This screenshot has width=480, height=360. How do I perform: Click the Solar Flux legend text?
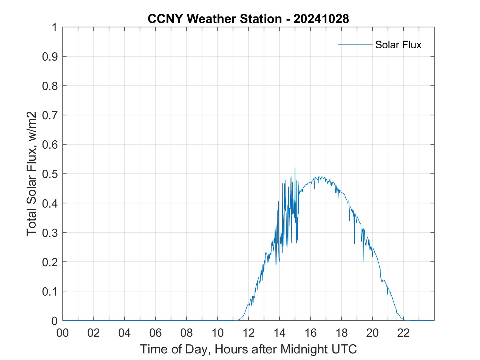(398, 45)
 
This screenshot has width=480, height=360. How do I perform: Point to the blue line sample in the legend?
(355, 44)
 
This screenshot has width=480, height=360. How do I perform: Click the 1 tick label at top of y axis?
(54, 27)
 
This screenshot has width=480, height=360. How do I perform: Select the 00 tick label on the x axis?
(63, 333)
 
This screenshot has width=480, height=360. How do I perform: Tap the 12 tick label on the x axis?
(249, 333)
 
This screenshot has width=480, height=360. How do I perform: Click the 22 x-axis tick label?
(403, 333)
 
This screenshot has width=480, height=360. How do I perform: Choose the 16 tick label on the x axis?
(310, 333)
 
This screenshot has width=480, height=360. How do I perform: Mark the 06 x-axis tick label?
(156, 333)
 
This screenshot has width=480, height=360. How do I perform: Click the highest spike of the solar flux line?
(295, 168)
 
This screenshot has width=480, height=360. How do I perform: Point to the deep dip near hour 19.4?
(363, 261)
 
